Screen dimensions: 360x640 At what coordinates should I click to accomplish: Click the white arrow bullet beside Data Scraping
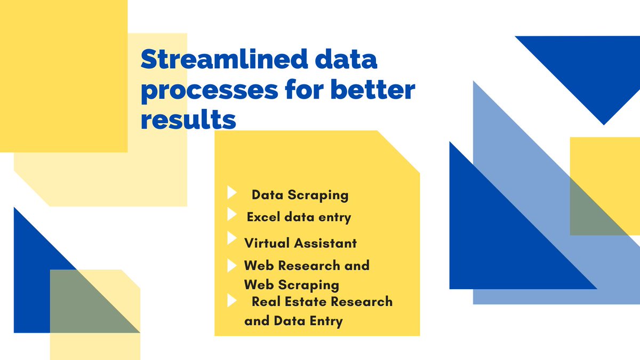231,193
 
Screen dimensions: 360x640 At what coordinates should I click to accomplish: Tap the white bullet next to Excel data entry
231,214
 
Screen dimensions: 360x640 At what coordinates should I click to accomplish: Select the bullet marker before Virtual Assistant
231,238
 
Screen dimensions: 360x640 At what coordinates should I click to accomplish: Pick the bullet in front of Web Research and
231,265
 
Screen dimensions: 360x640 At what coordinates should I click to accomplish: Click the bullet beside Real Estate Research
231,300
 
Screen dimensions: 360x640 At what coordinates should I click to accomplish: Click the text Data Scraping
300,195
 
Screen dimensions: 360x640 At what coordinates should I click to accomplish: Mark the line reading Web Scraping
291,284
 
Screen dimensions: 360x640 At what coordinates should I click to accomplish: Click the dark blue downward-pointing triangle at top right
597,69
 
